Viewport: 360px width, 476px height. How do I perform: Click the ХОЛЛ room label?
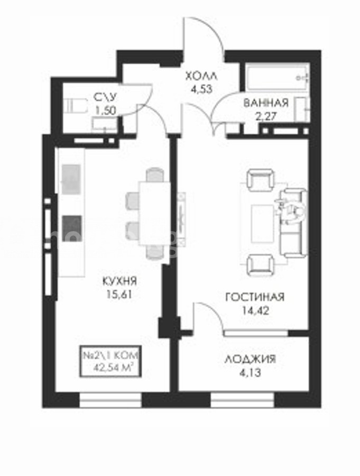point(201,76)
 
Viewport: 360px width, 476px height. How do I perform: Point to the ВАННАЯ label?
point(266,103)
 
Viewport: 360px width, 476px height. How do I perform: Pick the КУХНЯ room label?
point(119,281)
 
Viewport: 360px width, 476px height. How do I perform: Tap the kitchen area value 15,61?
point(119,295)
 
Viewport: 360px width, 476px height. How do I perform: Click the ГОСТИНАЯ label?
point(255,297)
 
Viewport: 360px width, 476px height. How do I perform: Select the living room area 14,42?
point(255,310)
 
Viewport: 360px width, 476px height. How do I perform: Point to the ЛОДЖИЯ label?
point(251,359)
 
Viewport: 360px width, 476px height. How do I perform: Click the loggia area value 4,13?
point(250,372)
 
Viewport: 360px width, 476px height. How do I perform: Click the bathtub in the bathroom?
point(278,77)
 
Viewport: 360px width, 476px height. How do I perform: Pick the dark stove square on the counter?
point(72,228)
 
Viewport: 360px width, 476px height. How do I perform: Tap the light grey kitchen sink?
point(71,179)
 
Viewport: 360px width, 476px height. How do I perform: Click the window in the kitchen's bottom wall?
point(110,400)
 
